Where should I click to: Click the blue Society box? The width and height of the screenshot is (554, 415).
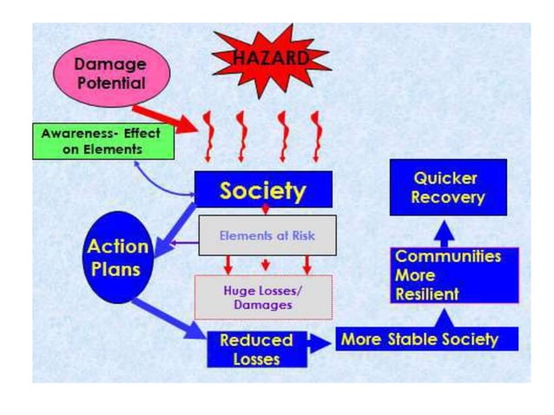(262, 189)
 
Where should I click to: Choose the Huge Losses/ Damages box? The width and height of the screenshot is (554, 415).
(263, 297)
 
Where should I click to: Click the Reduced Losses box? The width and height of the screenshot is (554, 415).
(256, 347)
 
